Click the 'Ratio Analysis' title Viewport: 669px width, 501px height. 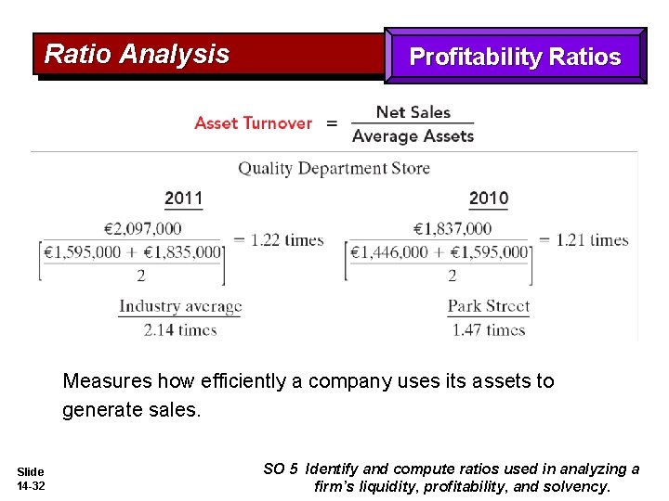click(137, 54)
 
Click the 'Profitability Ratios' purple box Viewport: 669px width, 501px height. click(515, 57)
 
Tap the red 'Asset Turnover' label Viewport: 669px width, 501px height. click(253, 122)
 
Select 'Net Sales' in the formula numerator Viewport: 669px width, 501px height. click(413, 112)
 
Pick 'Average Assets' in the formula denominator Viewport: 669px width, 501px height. click(413, 136)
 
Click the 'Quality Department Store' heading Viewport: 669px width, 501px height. click(334, 168)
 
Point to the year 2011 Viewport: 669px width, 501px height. click(183, 198)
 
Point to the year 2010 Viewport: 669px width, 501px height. click(489, 198)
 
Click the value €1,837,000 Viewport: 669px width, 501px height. click(452, 228)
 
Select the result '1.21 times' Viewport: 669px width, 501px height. click(592, 239)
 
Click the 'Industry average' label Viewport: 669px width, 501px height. click(179, 306)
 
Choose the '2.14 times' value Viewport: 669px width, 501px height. click(179, 329)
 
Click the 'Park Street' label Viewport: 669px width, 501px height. click(489, 306)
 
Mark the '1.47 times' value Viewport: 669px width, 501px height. click(489, 329)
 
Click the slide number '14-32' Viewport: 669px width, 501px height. click(31, 486)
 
